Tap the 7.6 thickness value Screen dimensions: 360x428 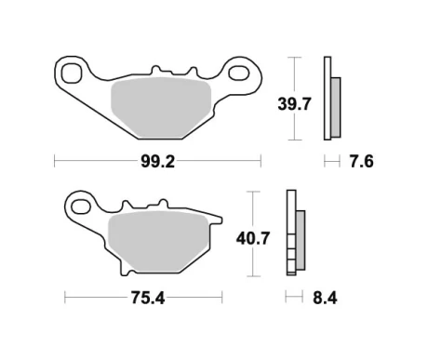362,161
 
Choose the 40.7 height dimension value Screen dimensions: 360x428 252,238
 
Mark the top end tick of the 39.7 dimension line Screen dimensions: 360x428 294,58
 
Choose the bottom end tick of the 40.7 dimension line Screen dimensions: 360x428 252,278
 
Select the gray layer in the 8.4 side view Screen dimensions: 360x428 300,239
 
